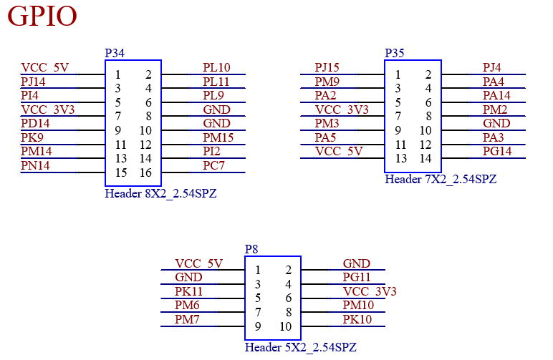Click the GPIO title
click(42, 16)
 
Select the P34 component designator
click(115, 54)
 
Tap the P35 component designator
click(394, 54)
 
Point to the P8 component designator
click(251, 249)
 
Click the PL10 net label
click(216, 68)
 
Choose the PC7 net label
click(213, 165)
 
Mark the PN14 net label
click(36, 165)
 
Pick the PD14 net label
click(36, 123)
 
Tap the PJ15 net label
click(327, 68)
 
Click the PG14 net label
click(497, 151)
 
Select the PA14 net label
click(496, 95)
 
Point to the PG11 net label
click(357, 277)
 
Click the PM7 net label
click(187, 319)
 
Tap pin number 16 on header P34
click(145, 172)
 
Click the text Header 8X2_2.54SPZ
click(160, 193)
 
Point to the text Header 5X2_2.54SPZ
click(300, 347)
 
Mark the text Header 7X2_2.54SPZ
click(441, 179)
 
